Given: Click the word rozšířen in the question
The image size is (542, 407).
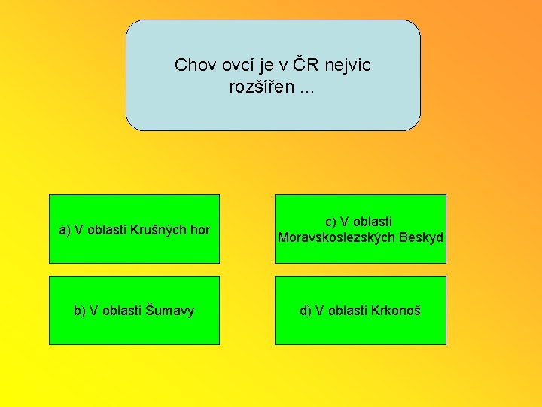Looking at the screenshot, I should click(261, 87).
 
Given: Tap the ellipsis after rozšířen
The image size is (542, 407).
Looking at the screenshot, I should click(307, 89).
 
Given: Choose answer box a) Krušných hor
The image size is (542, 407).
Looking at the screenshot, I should click(134, 229).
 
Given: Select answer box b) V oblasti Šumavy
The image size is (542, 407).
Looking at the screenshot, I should click(134, 311).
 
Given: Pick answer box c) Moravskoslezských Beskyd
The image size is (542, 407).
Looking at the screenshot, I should click(360, 229).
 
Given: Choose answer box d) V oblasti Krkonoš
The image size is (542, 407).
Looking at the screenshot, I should click(360, 311).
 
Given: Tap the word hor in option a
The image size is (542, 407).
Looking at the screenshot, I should click(199, 230).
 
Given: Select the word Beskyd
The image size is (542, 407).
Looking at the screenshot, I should click(421, 238).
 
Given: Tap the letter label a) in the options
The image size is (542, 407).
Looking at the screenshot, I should click(65, 230).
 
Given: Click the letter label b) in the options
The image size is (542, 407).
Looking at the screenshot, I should click(80, 311).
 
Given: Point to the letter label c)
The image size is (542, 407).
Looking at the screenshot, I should click(330, 222).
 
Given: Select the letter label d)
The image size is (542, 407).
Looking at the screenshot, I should click(306, 311).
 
